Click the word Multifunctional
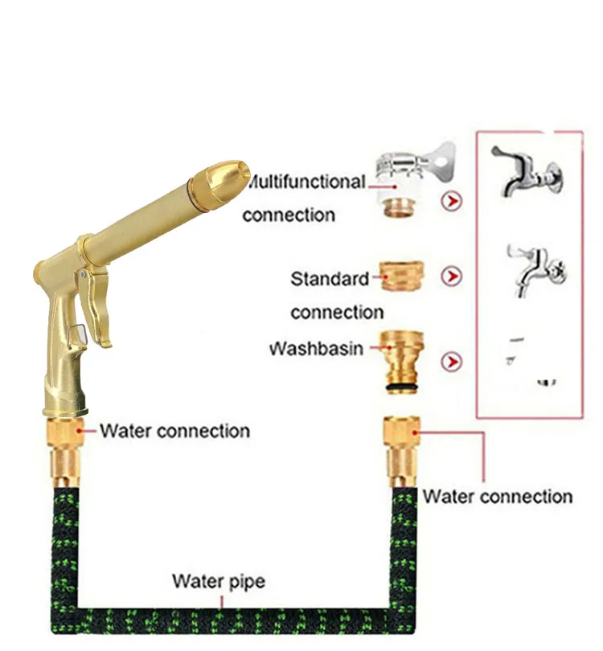point(305,182)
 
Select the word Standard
point(330,280)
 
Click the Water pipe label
point(219,580)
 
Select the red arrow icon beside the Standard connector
point(453,277)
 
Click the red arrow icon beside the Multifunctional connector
point(453,200)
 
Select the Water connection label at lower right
point(498,496)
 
